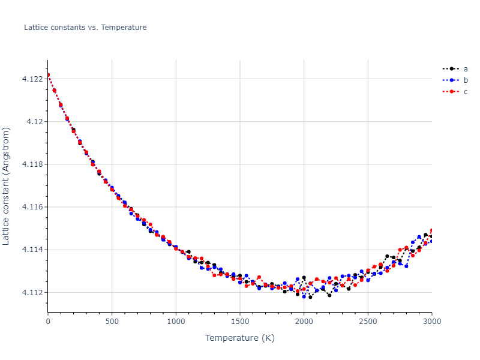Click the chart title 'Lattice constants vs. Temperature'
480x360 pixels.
pos(85,28)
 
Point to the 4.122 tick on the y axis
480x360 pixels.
pos(34,79)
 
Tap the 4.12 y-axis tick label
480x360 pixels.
pos(36,121)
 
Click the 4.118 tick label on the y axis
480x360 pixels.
pos(34,164)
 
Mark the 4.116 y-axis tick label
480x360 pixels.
pos(34,207)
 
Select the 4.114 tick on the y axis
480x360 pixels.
pos(34,250)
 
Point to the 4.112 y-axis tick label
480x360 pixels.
pos(34,292)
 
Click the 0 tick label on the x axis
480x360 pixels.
pos(48,322)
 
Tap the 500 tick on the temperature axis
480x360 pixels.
pos(112,322)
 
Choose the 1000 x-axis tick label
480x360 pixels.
pos(176,322)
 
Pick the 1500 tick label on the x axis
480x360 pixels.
pos(240,322)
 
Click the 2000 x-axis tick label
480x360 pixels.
pos(304,322)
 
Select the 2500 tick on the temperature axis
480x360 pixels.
pos(368,322)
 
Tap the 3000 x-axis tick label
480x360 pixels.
pos(431,322)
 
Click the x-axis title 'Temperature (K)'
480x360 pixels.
pos(240,338)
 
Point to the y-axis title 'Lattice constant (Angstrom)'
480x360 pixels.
pos(7,186)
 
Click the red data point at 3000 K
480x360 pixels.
pos(431,230)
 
